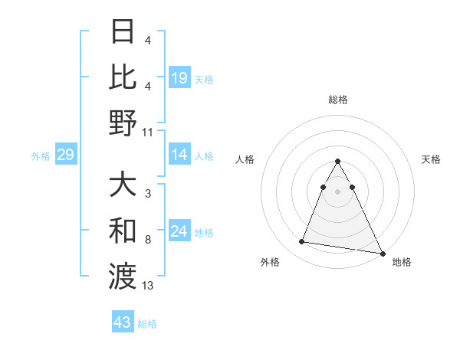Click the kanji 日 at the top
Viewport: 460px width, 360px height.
coord(123,32)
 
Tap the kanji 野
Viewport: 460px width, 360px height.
coord(123,122)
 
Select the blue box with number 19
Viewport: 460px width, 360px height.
coord(179,77)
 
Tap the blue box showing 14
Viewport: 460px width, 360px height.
coord(179,155)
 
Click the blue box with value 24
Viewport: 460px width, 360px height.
coord(179,231)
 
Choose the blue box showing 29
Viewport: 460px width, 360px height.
coord(65,155)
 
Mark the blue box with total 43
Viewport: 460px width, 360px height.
coord(123,322)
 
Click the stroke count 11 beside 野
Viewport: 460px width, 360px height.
coord(148,132)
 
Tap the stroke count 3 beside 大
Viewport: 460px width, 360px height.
coord(147,195)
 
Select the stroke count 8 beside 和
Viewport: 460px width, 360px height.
coord(147,240)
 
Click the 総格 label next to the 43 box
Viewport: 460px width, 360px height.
coord(147,324)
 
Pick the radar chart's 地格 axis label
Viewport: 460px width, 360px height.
coord(402,262)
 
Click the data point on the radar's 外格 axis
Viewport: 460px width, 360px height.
coord(302,242)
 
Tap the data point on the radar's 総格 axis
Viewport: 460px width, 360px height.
coord(337,162)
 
